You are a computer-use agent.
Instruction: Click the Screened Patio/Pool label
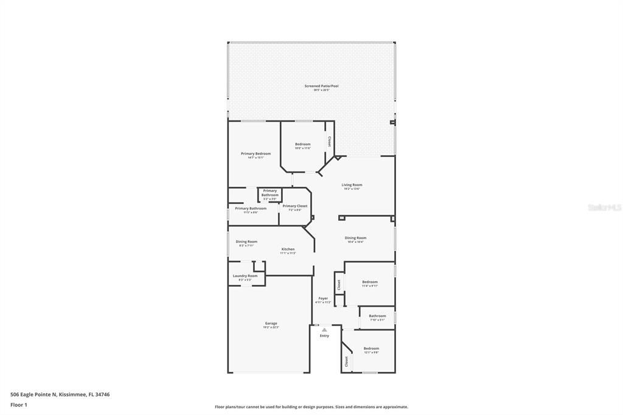(x=321, y=86)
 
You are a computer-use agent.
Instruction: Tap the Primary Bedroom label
(x=256, y=153)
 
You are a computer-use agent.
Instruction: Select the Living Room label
(x=352, y=185)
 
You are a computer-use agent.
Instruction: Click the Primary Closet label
(x=294, y=206)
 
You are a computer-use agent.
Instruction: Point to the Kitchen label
(x=288, y=249)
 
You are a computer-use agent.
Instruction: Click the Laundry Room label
(x=245, y=276)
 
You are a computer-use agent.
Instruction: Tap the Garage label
(x=271, y=323)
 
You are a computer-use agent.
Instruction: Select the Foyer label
(x=323, y=298)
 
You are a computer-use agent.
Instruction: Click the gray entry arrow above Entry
(x=324, y=330)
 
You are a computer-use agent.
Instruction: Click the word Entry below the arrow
(x=324, y=336)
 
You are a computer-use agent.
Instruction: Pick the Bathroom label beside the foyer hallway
(x=377, y=316)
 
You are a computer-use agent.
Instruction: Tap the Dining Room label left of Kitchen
(x=246, y=242)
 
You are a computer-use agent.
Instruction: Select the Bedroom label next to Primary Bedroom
(x=302, y=144)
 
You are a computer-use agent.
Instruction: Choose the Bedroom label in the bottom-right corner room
(x=371, y=348)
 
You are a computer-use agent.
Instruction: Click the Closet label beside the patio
(x=330, y=141)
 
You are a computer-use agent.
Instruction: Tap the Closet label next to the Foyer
(x=339, y=284)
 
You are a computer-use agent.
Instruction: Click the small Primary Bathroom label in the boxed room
(x=270, y=193)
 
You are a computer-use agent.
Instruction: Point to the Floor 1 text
(x=18, y=405)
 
